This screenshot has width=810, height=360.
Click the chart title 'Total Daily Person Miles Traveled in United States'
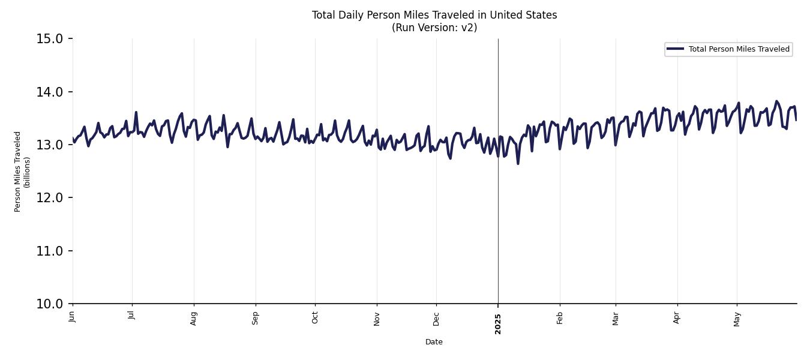pos(434,15)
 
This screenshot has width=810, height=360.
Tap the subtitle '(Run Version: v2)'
pos(434,28)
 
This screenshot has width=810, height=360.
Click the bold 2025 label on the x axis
pos(498,323)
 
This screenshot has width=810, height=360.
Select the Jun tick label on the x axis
pos(72,316)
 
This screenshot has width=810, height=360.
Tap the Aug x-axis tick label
pos(193,318)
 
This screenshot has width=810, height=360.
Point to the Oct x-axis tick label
pos(315,317)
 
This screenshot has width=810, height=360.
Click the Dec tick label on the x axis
pos(436,318)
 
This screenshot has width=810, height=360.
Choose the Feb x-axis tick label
pos(560,317)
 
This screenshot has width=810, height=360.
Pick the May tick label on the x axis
pos(737,318)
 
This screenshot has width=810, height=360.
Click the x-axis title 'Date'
pos(434,342)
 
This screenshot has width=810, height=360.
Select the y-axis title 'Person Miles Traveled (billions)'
pos(22,171)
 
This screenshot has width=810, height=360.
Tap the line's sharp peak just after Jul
pos(136,112)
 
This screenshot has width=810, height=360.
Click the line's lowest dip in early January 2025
pos(518,163)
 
